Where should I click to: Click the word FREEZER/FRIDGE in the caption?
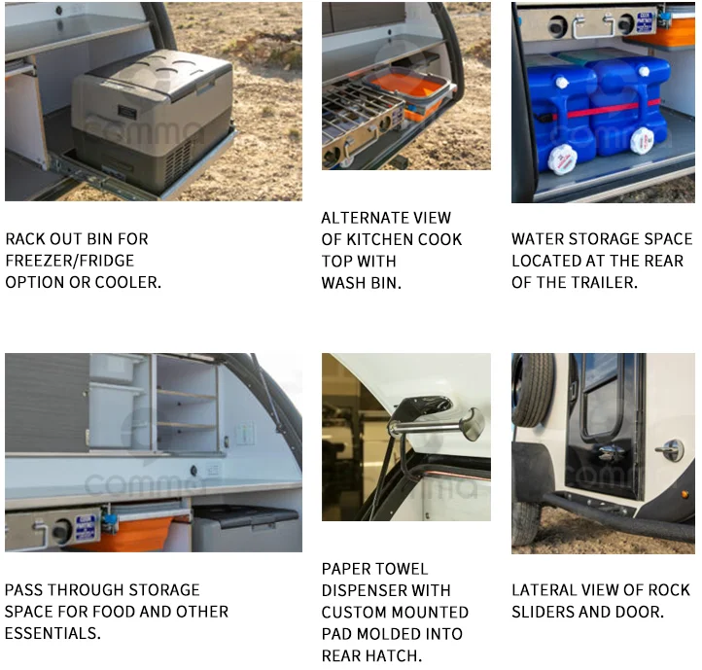(70, 261)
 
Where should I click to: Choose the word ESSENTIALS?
(53, 633)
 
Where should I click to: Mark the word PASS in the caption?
(26, 590)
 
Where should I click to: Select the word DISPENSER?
(366, 590)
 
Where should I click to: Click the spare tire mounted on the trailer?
(532, 389)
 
